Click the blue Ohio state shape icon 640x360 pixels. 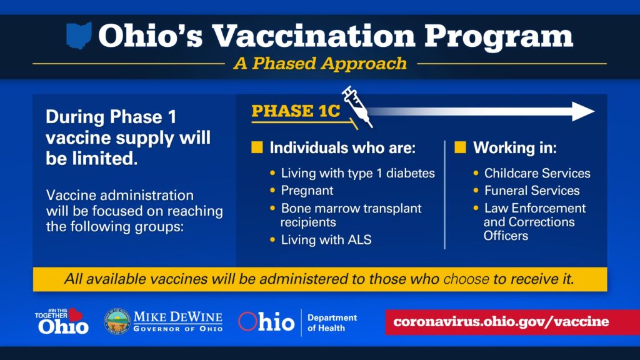(x=79, y=36)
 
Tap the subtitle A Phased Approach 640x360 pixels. (x=320, y=64)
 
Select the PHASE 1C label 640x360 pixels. (x=296, y=111)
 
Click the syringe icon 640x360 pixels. (x=357, y=107)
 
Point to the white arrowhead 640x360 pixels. (x=583, y=111)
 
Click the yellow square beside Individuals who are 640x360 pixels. (x=257, y=147)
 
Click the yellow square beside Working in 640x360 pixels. (x=460, y=147)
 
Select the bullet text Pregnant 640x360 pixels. (x=307, y=191)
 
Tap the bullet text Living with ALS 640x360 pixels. (x=326, y=239)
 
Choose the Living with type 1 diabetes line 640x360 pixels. (x=358, y=173)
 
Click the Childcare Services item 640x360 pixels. (x=537, y=173)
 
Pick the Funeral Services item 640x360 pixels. (x=532, y=191)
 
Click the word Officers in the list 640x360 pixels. (x=506, y=236)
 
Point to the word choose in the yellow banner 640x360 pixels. (x=466, y=279)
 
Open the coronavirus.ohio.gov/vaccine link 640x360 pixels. (x=501, y=322)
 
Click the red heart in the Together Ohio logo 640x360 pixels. (x=76, y=315)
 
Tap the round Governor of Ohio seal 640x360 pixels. (x=117, y=322)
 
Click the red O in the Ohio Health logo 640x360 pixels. (x=247, y=321)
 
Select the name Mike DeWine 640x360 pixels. (x=178, y=317)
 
